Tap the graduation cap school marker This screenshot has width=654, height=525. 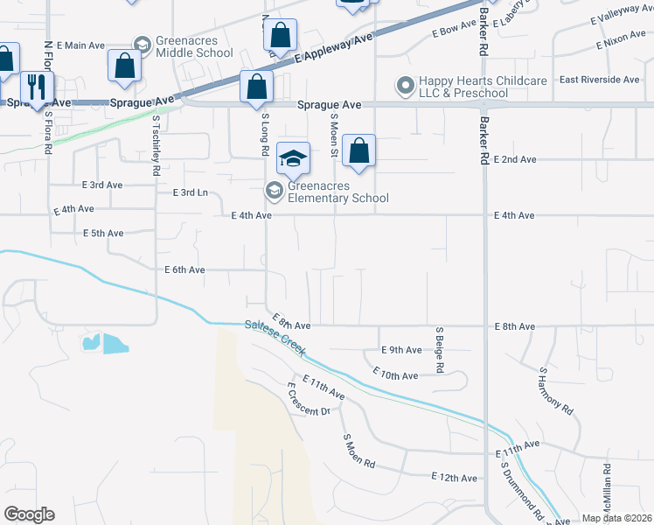click(294, 157)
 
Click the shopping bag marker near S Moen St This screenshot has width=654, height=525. click(359, 150)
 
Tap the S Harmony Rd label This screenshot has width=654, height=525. click(556, 391)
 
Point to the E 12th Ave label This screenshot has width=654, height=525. click(455, 478)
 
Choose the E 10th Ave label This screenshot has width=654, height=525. click(395, 374)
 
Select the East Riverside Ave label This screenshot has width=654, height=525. click(600, 80)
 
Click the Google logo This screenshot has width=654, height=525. click(29, 514)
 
